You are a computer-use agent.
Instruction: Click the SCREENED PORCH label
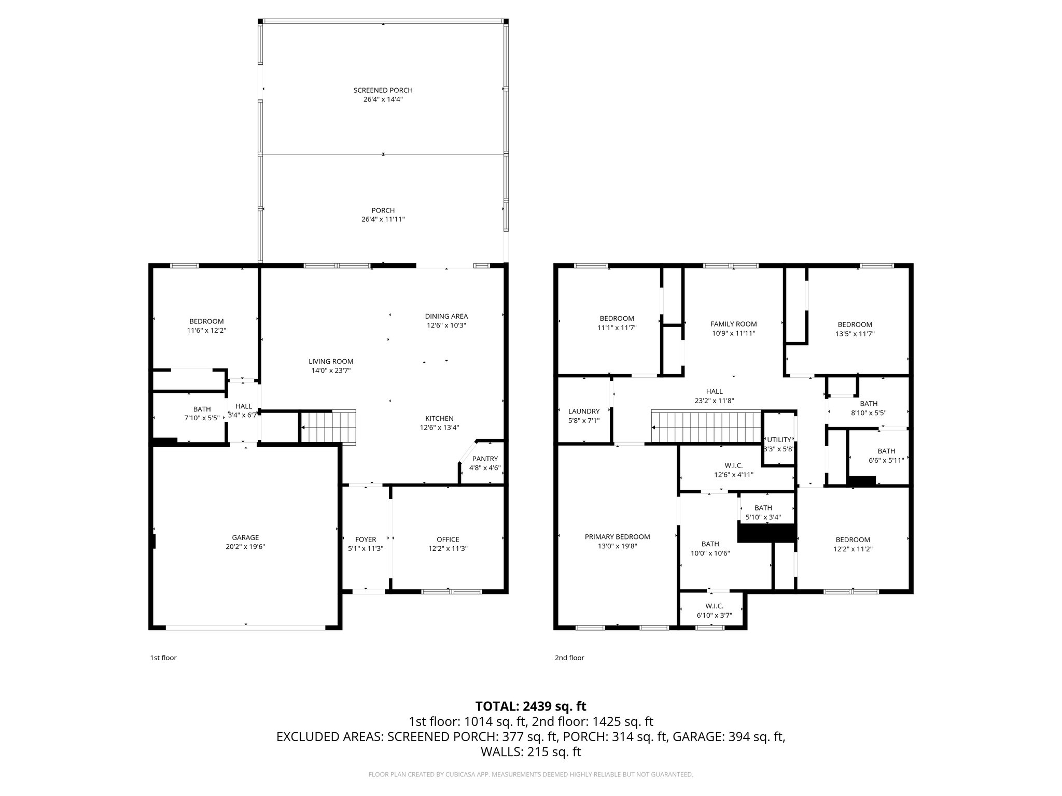tap(383, 90)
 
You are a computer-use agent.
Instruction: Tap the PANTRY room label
tap(485, 459)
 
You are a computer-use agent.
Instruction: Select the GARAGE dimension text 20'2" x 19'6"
tap(245, 547)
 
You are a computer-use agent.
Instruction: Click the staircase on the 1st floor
tap(328, 427)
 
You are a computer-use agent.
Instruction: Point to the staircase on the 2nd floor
tap(705, 427)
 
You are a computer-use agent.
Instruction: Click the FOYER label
tap(366, 539)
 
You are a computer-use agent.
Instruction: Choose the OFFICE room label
tap(448, 539)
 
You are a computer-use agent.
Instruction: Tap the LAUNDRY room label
tap(584, 411)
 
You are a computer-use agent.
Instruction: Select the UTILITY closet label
tap(779, 439)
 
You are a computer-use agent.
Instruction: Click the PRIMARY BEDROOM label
tap(617, 537)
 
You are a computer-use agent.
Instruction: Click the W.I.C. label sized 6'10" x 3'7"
tap(714, 606)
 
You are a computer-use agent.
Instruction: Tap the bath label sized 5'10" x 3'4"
tap(763, 508)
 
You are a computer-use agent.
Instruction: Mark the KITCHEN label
tap(439, 418)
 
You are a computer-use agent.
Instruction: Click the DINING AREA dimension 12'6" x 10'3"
tap(446, 325)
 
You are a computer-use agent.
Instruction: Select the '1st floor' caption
tap(163, 658)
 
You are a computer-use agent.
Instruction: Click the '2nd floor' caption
tap(569, 658)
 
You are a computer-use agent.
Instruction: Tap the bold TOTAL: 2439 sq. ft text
tap(530, 706)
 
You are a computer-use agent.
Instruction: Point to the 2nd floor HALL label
tap(714, 391)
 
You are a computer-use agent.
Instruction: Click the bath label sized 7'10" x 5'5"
tap(202, 409)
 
